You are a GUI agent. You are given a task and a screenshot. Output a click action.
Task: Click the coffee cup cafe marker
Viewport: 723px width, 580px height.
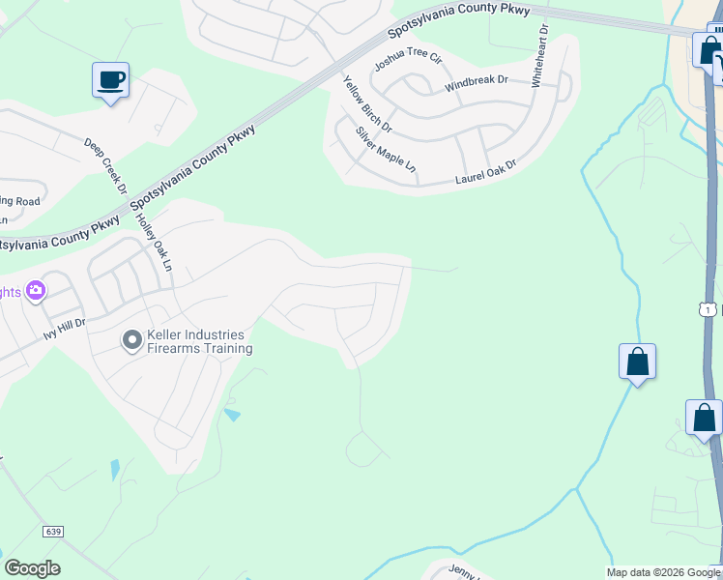110,80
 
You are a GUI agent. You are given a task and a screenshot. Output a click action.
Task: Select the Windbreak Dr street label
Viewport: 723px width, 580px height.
476,83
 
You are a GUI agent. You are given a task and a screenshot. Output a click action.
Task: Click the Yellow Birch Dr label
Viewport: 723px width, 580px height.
367,104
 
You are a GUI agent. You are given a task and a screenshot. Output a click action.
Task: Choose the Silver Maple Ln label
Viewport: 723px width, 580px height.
385,150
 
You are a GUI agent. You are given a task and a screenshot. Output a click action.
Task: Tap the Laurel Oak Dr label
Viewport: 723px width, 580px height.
485,173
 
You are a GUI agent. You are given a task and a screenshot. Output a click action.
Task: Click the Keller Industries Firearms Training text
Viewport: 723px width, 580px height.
199,342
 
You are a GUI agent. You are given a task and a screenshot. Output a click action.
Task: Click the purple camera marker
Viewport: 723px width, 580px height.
36,290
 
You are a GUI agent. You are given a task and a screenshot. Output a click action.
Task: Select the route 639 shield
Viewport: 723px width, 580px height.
53,533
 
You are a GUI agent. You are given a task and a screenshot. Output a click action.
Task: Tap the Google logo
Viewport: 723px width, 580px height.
32,568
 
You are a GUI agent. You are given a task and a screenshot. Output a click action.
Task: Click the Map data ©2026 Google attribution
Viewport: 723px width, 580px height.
663,573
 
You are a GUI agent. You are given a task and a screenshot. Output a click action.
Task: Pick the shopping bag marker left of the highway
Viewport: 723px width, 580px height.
637,362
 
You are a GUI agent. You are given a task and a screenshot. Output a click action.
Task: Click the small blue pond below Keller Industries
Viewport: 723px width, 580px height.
232,415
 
